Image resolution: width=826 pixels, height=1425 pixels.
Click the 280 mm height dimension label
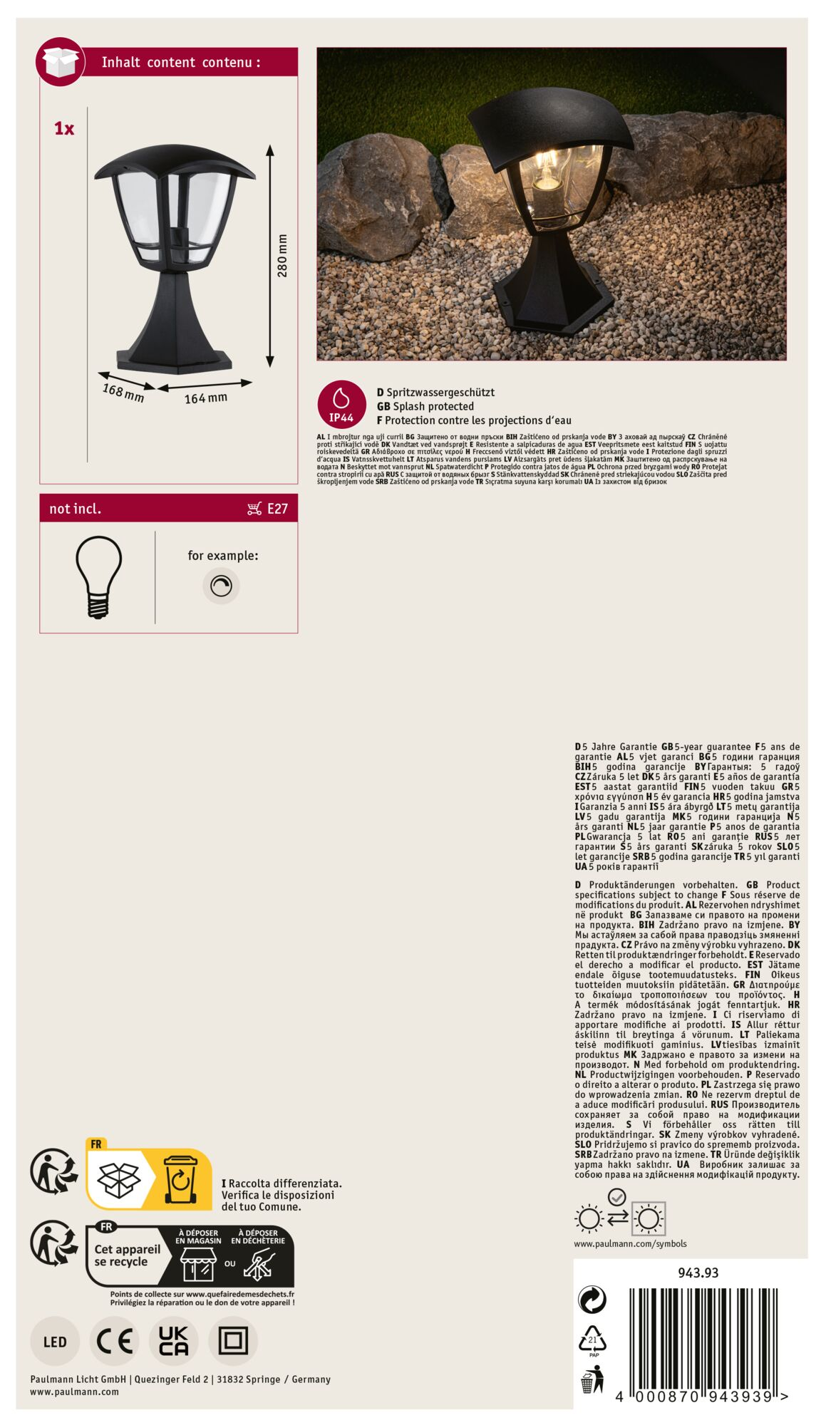coord(282,256)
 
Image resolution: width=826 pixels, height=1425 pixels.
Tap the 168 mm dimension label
coord(123,392)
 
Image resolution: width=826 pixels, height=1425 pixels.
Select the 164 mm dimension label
coord(205,398)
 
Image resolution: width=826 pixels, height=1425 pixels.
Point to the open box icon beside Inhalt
coord(60,62)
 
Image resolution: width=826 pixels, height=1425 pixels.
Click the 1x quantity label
coord(64,129)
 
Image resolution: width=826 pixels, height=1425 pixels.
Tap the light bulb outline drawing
coord(99,576)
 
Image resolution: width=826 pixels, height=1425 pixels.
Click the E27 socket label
coord(277,509)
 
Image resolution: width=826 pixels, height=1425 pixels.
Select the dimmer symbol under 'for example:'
coord(221,586)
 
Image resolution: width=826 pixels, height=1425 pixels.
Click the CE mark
coord(115,1342)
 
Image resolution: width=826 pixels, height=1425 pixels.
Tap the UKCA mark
coord(174,1341)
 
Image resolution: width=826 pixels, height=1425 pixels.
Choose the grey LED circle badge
coord(55,1342)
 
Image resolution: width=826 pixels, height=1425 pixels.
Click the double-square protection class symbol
coord(233,1341)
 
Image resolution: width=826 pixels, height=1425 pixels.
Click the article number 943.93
coord(698,1273)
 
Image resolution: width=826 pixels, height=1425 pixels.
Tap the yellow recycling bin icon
coord(180,1179)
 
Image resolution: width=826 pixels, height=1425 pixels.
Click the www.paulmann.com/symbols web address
coord(630,1243)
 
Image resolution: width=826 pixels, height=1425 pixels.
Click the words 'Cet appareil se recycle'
coord(127,1255)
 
